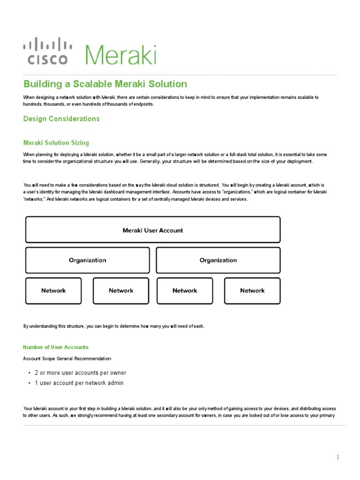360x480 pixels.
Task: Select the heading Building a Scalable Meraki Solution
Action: click(105, 84)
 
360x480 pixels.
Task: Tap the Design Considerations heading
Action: click(61, 119)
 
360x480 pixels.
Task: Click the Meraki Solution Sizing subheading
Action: click(56, 142)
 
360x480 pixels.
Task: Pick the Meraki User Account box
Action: click(153, 230)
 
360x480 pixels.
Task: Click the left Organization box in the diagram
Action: click(88, 260)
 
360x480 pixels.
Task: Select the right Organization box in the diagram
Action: click(218, 260)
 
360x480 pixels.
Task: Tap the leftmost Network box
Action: click(53, 291)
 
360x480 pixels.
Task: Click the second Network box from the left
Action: click(121, 291)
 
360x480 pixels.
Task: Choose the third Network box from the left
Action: click(185, 291)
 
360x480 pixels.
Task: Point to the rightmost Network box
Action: click(252, 291)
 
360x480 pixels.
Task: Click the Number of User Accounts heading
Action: click(56, 347)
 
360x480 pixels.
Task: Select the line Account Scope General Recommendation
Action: click(67, 359)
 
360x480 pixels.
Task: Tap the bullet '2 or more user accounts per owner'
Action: click(80, 373)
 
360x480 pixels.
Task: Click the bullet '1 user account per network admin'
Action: click(79, 383)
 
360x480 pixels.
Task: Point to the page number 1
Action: click(337, 457)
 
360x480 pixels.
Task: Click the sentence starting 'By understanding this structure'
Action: click(114, 326)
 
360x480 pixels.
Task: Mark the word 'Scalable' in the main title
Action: click(92, 84)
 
